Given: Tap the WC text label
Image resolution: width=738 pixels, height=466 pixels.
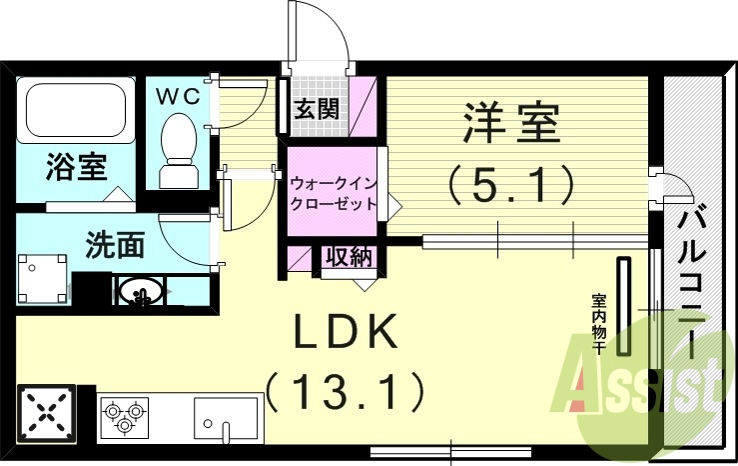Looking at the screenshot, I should point(179,96).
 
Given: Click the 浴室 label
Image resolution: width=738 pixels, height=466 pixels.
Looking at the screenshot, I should point(76,167).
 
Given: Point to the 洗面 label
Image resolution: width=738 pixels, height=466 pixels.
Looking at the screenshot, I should point(116,243).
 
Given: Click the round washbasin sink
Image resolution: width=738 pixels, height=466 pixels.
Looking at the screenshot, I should point(140,293).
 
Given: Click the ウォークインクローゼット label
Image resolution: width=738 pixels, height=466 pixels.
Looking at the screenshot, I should point(334,193).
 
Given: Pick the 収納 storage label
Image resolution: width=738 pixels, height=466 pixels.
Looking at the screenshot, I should point(349,257).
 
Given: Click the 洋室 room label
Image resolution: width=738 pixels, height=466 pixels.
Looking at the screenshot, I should point(510,124).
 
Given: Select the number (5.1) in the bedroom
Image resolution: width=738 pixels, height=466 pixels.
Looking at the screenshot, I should point(510,184).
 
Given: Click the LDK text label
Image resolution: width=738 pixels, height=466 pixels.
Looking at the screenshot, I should point(345,332).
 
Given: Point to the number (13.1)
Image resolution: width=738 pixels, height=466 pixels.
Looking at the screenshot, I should point(345,391).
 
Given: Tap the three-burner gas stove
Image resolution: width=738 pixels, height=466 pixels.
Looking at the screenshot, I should point(124,415).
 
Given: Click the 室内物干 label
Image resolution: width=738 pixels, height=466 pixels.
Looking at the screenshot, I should point(599,323).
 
